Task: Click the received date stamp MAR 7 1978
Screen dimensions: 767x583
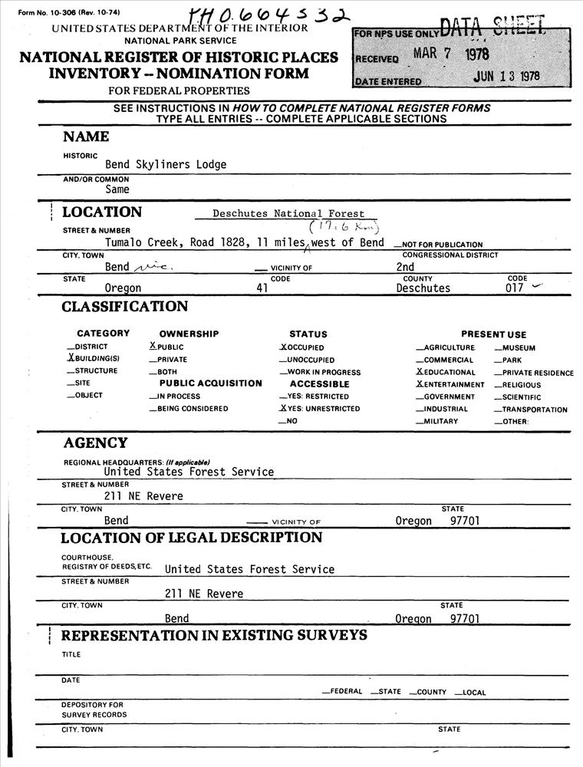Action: [x=450, y=54]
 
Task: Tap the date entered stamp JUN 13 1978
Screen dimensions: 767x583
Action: [x=506, y=76]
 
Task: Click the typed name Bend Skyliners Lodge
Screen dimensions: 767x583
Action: [x=166, y=164]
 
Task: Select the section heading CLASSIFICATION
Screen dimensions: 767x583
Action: [x=125, y=307]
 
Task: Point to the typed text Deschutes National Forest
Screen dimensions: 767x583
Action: [x=288, y=214]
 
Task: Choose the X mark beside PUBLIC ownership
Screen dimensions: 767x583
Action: [x=153, y=347]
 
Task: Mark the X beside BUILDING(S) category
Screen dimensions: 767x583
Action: [x=71, y=359]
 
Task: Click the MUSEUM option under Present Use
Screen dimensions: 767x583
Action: [x=518, y=347]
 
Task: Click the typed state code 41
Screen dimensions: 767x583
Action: [x=262, y=288]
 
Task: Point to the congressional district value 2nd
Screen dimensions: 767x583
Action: [x=405, y=267]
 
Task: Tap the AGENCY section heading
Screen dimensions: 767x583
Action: [x=95, y=443]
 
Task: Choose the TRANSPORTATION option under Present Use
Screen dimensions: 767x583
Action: [x=534, y=410]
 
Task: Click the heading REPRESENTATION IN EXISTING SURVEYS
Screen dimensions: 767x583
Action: [x=214, y=636]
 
